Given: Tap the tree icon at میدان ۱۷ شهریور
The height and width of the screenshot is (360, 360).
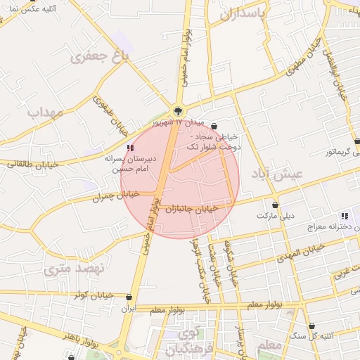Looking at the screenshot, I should pyautogui.click(x=178, y=110).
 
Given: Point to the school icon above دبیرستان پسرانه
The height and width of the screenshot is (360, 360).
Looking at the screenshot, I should pyautogui.click(x=129, y=147).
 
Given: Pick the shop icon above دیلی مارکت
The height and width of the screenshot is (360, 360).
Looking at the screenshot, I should pyautogui.click(x=275, y=205).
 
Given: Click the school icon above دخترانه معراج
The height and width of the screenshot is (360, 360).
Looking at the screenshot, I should pyautogui.click(x=343, y=216).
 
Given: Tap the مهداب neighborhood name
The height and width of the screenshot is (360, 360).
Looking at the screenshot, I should pyautogui.click(x=46, y=112).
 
